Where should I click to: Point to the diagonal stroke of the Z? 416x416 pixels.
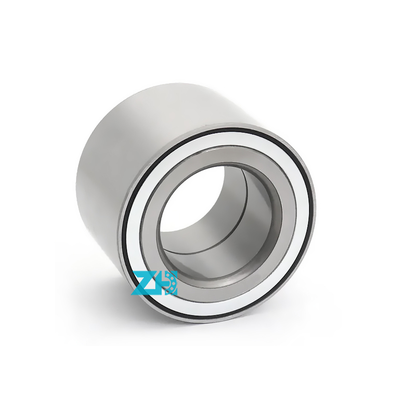click(x=142, y=283)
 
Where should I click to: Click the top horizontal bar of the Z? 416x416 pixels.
click(x=142, y=274)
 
